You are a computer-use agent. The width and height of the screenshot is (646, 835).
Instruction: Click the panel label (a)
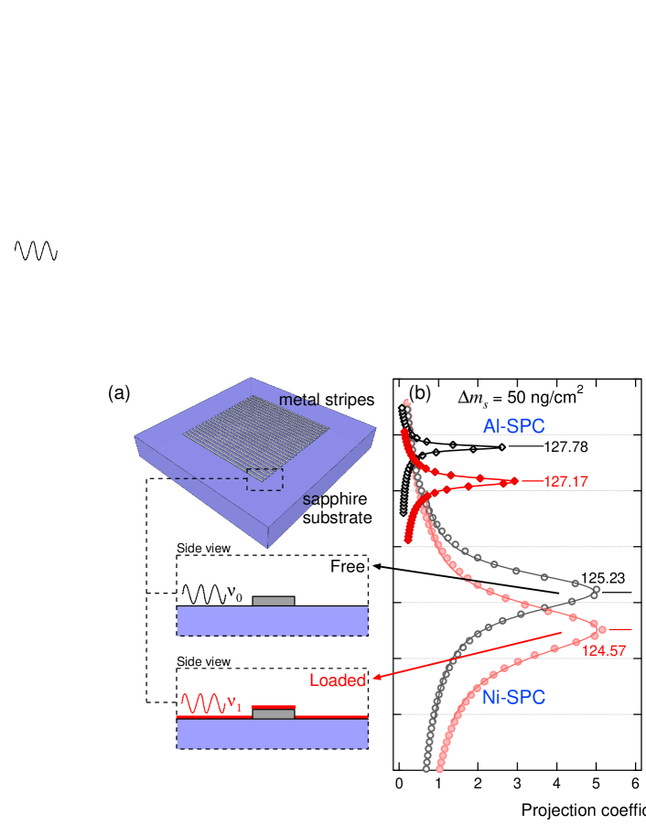tap(119, 393)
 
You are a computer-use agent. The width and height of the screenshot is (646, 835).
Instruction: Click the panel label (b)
tap(420, 392)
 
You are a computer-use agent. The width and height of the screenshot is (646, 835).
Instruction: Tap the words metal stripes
tap(327, 401)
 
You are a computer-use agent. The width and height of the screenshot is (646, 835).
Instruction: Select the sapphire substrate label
tap(337, 508)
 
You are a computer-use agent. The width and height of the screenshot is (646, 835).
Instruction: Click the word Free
tap(348, 567)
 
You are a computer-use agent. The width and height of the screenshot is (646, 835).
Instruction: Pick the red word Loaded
tap(338, 680)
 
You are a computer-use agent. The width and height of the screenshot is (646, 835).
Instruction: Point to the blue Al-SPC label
tap(513, 425)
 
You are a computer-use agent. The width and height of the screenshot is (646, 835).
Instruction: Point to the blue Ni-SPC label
tap(513, 698)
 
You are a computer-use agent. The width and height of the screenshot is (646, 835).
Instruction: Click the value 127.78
tap(565, 446)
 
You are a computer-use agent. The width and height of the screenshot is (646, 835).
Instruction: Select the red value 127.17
tap(565, 481)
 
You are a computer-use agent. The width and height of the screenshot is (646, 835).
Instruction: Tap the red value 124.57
tap(604, 651)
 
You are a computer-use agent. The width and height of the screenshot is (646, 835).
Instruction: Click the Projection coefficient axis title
tap(583, 810)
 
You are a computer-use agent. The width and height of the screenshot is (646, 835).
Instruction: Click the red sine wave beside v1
tap(203, 703)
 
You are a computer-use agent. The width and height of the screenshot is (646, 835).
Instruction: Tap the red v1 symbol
tap(235, 704)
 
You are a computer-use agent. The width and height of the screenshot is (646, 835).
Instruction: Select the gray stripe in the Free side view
tap(274, 601)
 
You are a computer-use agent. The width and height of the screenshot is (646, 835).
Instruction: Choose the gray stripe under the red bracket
tap(274, 714)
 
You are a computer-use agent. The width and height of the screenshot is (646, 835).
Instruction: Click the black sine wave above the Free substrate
tap(203, 594)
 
